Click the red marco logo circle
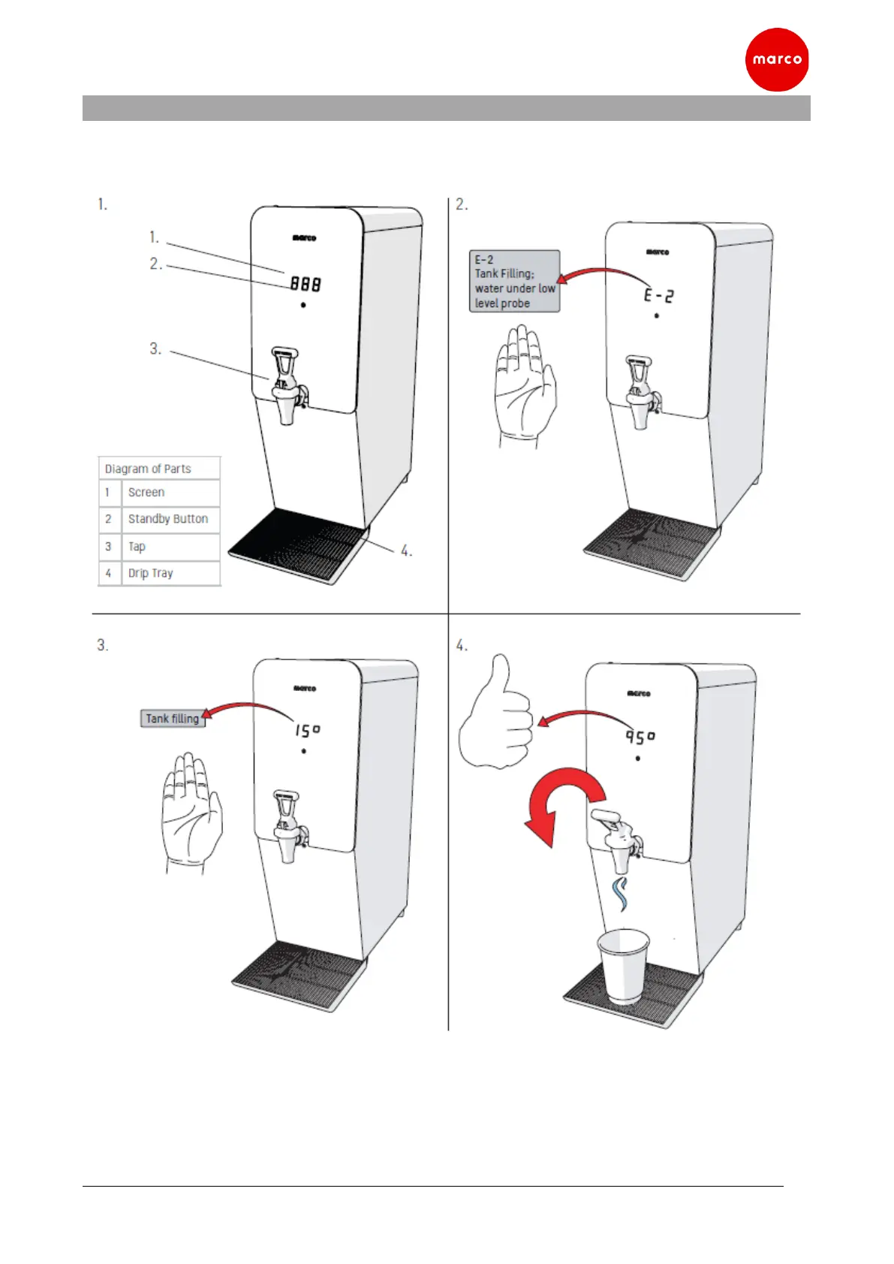tap(776, 59)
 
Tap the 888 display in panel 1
tap(306, 284)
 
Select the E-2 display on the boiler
tap(658, 295)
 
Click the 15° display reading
tap(307, 730)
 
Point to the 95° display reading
tap(640, 737)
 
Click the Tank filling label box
tap(172, 719)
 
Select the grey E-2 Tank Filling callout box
tap(514, 281)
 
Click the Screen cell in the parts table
tap(170, 493)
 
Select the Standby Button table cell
tap(170, 519)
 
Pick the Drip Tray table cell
tap(170, 573)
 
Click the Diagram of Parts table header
tap(159, 469)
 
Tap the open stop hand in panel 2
tap(525, 385)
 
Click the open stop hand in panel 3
tap(191, 812)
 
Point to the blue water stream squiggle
tap(620, 894)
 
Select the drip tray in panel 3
tap(299, 975)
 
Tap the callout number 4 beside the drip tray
tap(405, 551)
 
